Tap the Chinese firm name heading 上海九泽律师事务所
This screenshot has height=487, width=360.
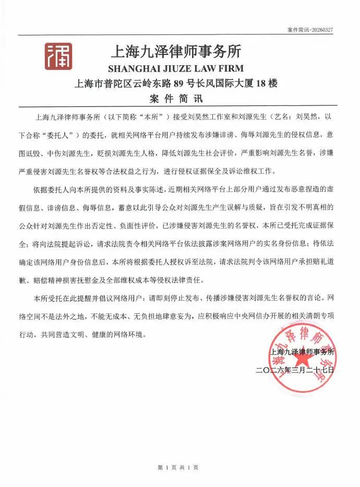175,52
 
